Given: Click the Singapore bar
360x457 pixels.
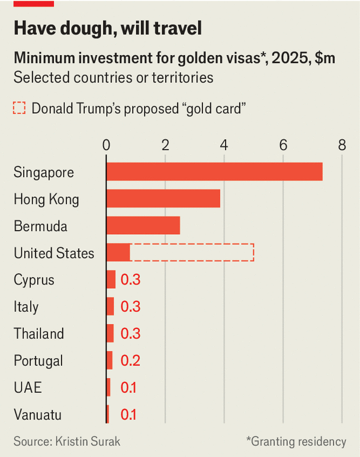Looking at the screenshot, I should [214, 172].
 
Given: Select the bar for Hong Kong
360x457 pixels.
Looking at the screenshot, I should [163, 199].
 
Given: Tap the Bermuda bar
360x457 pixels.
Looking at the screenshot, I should [143, 226].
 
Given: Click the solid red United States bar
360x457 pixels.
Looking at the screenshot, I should [118, 253].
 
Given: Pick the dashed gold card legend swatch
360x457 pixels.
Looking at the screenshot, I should [20, 108].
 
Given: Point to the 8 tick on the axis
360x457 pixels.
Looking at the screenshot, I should [342, 146].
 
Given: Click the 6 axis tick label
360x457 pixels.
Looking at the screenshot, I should [284, 146].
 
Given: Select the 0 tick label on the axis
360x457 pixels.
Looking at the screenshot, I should [107, 146].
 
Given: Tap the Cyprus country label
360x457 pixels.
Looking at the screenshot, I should [34, 280].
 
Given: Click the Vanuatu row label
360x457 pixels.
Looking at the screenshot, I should [37, 414].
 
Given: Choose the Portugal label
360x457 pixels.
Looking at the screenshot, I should [38, 360].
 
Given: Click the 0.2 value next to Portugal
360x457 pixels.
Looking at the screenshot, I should [130, 360].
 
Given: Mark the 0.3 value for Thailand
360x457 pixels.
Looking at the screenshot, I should [130, 334].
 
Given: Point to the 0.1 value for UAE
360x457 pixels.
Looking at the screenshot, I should [128, 388].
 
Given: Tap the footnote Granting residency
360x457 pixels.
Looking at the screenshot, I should [296, 442].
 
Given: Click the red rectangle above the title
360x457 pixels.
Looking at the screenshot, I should [33, 3].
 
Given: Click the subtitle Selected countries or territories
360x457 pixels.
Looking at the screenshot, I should [113, 77].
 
